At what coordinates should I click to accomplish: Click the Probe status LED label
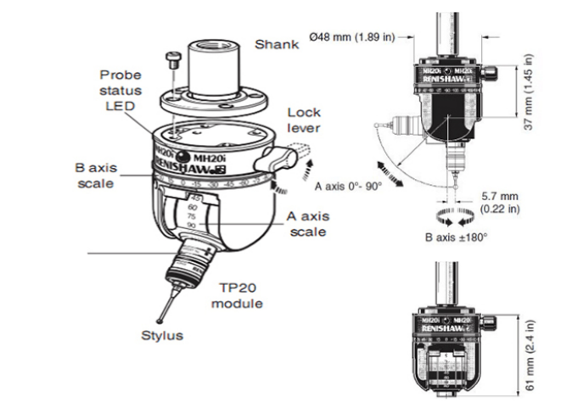(120, 89)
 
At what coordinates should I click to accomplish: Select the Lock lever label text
(304, 119)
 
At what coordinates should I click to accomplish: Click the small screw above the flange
(176, 57)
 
